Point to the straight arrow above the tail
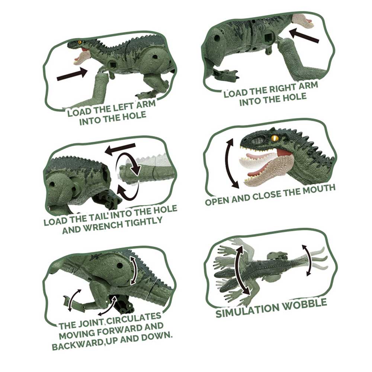[x=120, y=149]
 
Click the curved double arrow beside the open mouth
[x=231, y=164]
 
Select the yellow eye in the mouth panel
[x=275, y=138]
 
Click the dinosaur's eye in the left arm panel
[x=80, y=42]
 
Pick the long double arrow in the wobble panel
[x=243, y=270]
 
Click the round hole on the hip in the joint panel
[x=120, y=265]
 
